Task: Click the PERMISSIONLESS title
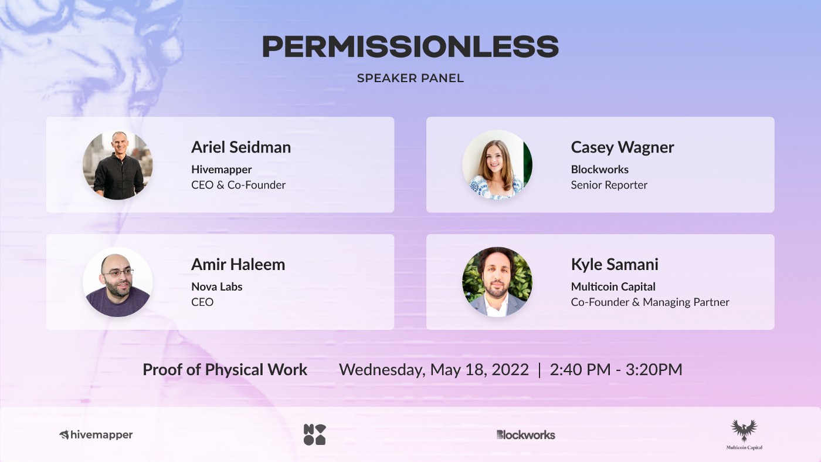[x=410, y=46]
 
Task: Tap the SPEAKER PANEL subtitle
[x=410, y=78]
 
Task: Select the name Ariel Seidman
[x=241, y=147]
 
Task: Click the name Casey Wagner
[x=622, y=148]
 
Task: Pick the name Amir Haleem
[x=238, y=264]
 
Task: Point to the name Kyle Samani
[x=615, y=265]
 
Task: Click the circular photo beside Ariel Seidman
[x=118, y=165]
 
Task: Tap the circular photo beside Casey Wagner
[x=497, y=165]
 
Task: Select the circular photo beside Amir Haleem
[x=118, y=282]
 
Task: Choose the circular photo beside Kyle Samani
[x=497, y=282]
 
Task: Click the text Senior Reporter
[x=609, y=185]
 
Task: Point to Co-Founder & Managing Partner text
[x=650, y=302]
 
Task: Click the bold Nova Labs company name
[x=216, y=286]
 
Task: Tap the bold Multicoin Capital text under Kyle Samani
[x=613, y=286]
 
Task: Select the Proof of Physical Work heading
[x=225, y=369]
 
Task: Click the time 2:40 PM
[x=580, y=369]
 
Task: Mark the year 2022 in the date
[x=510, y=369]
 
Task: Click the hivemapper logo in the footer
[x=96, y=435]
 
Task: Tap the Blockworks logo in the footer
[x=526, y=435]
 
